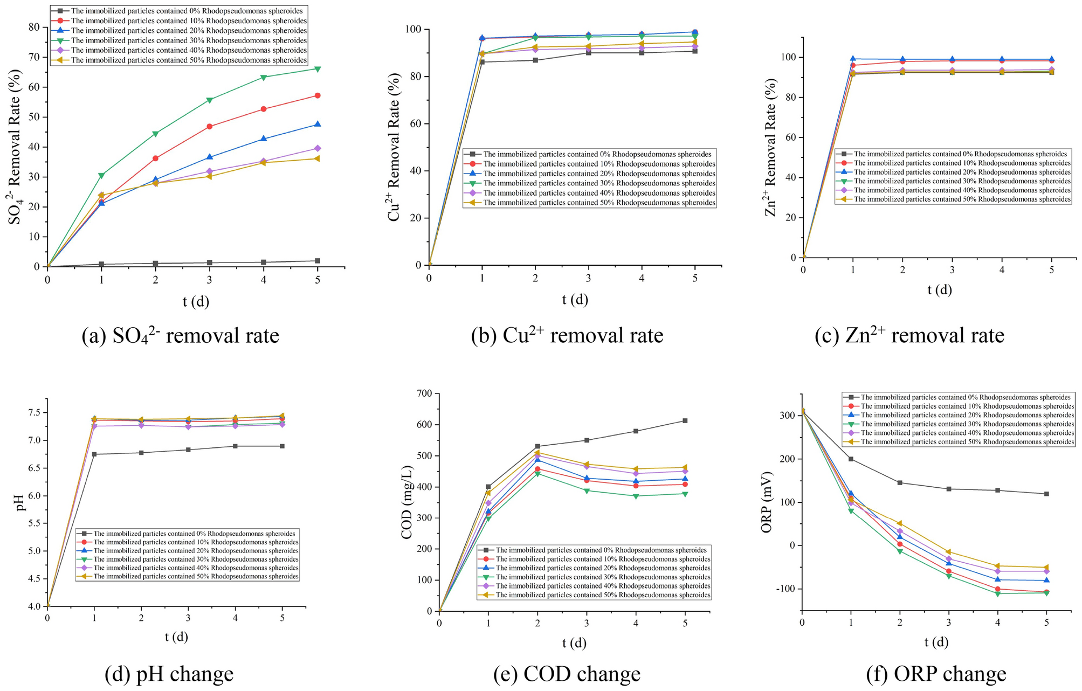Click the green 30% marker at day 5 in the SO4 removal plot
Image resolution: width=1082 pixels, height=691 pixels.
click(318, 68)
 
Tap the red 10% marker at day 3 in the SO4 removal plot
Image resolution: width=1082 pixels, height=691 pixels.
click(210, 127)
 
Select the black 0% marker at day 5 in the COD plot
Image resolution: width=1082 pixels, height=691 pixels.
click(685, 420)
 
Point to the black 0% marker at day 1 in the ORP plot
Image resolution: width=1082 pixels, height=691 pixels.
click(851, 459)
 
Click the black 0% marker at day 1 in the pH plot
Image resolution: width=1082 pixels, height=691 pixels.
click(94, 454)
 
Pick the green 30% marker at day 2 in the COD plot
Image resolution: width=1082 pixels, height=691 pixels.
click(537, 474)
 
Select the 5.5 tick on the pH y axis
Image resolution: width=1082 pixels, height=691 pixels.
click(36, 523)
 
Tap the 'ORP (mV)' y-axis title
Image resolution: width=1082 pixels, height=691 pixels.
click(766, 503)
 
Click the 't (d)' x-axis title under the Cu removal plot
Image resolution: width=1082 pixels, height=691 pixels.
click(575, 300)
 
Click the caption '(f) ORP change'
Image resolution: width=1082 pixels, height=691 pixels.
click(936, 674)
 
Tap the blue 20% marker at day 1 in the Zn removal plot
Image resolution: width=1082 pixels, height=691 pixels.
click(853, 59)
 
